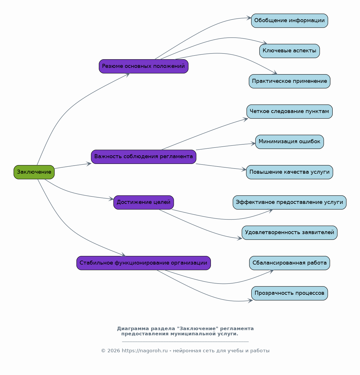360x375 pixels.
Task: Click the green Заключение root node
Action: (x=34, y=172)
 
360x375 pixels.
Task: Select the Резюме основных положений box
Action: (x=144, y=66)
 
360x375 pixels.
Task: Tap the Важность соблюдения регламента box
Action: (x=144, y=157)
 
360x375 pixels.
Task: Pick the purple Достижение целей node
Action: (x=144, y=202)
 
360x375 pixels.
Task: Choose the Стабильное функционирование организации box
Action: (x=144, y=263)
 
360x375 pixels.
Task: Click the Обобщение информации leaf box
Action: (x=290, y=21)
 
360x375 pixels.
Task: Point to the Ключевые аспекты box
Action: (x=290, y=51)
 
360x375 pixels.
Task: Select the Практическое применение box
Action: (x=290, y=81)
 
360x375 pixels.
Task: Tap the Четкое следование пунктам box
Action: (x=290, y=112)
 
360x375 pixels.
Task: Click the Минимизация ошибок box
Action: (x=290, y=142)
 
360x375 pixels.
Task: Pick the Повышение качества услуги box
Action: (x=290, y=172)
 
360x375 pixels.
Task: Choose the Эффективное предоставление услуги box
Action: (x=290, y=202)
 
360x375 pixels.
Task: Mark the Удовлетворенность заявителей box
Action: (x=290, y=233)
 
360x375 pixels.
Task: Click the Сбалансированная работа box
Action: (x=290, y=263)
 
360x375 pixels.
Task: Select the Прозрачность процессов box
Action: (x=290, y=293)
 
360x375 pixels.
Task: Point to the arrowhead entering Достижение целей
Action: (x=111, y=199)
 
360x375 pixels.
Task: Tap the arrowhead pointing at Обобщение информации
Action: (x=249, y=18)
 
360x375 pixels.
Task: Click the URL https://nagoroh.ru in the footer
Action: (x=145, y=351)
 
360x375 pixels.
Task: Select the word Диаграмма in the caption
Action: (x=133, y=329)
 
